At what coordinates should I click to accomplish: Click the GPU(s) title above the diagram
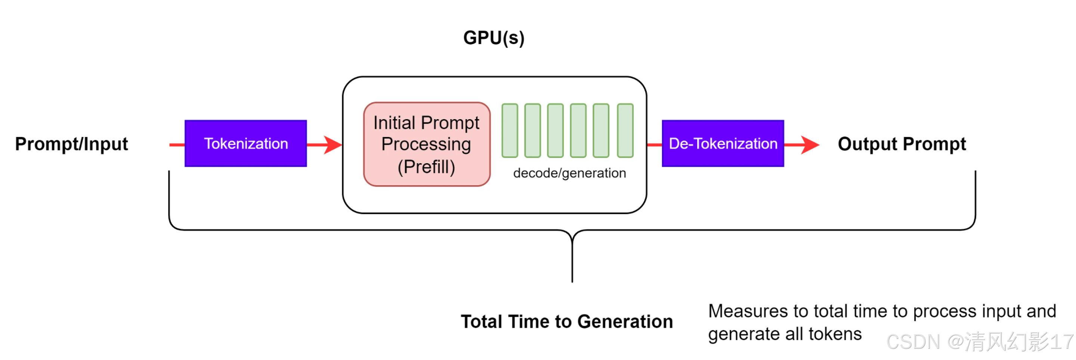tap(493, 38)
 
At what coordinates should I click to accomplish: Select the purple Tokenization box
tap(245, 144)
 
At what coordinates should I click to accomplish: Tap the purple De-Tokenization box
tap(723, 144)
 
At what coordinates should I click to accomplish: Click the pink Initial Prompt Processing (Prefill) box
tap(426, 145)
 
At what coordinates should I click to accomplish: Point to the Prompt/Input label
tap(71, 144)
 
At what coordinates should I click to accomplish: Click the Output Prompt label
tap(902, 144)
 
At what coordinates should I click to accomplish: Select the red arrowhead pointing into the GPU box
tap(333, 145)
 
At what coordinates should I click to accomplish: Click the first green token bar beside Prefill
tap(510, 131)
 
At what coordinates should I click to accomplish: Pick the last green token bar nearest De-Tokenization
tap(625, 131)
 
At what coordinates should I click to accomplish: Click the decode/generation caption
tap(569, 173)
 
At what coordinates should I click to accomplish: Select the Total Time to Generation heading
tap(566, 322)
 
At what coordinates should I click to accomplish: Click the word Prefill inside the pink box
tap(426, 167)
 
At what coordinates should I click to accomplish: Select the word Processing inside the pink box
tap(426, 145)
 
